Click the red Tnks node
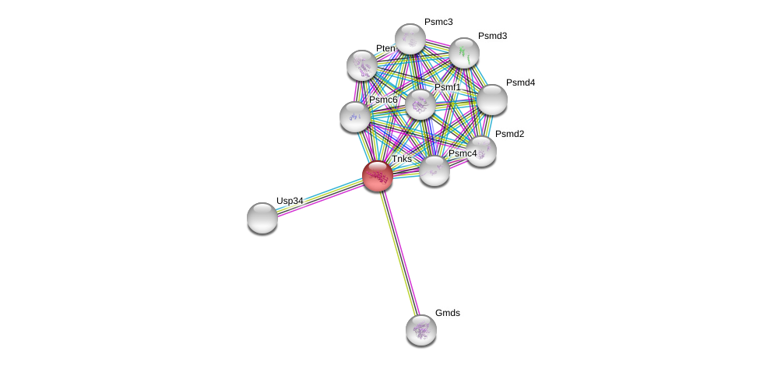[x=378, y=176]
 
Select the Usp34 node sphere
[x=262, y=218]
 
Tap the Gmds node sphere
[x=421, y=330]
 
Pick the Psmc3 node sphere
[x=410, y=39]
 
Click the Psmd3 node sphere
[x=464, y=53]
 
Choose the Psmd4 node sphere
[x=492, y=100]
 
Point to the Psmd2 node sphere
[x=480, y=152]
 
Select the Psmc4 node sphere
[x=435, y=170]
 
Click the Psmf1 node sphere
[x=420, y=104]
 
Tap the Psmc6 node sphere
[x=355, y=117]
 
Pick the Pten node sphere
[x=362, y=65]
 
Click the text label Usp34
[x=290, y=201]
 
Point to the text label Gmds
[x=448, y=313]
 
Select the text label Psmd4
[x=521, y=83]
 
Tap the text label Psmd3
[x=492, y=37]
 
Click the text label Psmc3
[x=438, y=23]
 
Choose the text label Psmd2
[x=509, y=135]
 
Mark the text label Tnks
[x=402, y=159]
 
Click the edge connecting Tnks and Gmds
[x=399, y=253]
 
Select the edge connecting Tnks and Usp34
[x=320, y=197]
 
